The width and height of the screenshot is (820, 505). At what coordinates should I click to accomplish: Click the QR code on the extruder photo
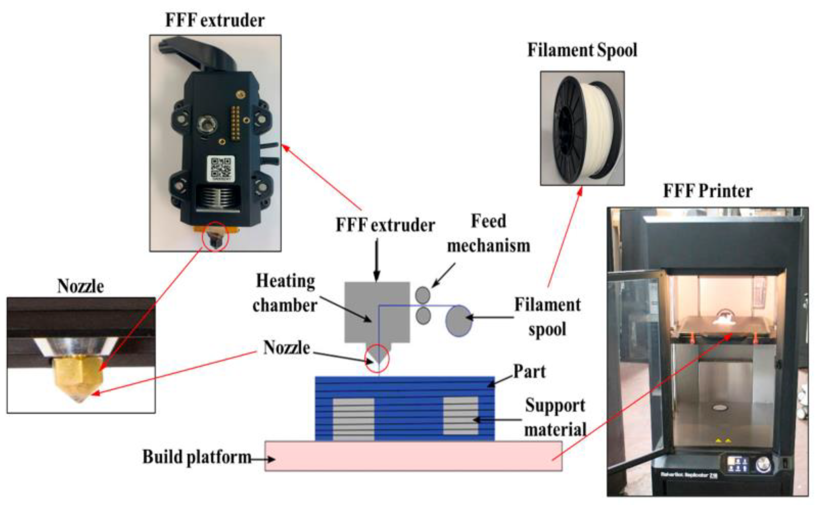tap(220, 168)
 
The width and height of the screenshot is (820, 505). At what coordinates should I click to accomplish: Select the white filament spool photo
tap(582, 128)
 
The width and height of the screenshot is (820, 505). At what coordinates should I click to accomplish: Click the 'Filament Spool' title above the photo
tap(582, 50)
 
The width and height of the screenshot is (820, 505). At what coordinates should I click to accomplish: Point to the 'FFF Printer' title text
tap(708, 191)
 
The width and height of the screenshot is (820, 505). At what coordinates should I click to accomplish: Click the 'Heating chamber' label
tap(285, 293)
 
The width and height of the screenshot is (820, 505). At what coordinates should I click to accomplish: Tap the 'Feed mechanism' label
tap(489, 233)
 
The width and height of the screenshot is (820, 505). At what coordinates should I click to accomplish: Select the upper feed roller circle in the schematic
tap(423, 294)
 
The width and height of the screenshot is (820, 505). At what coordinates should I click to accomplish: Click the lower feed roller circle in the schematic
tap(423, 315)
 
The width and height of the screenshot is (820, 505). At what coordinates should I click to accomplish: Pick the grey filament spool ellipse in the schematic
tap(459, 321)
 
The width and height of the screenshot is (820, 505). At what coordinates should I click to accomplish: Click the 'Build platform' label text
tap(197, 457)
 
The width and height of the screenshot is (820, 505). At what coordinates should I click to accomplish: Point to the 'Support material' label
tap(555, 417)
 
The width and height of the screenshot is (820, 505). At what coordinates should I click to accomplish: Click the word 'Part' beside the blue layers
tap(529, 371)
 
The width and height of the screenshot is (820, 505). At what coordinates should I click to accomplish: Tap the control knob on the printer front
tap(763, 465)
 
